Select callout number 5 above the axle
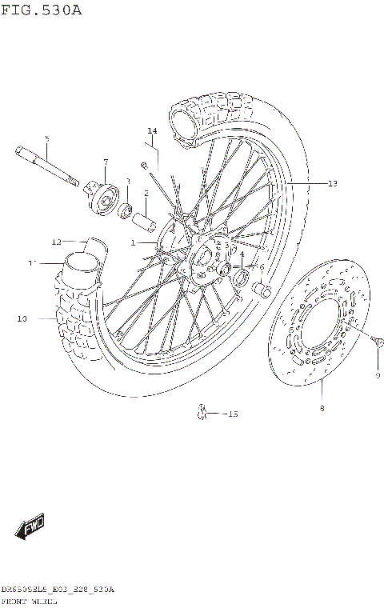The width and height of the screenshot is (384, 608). [46, 139]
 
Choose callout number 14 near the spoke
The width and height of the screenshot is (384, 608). [152, 130]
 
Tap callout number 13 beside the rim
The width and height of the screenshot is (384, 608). [332, 183]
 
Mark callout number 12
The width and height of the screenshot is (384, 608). [57, 241]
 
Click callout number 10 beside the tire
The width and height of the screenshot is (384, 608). [22, 318]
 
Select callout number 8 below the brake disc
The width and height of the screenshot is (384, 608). [322, 408]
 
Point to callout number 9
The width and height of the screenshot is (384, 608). [378, 375]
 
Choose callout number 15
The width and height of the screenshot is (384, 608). [232, 414]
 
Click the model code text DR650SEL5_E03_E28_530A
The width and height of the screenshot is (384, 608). [57, 589]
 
